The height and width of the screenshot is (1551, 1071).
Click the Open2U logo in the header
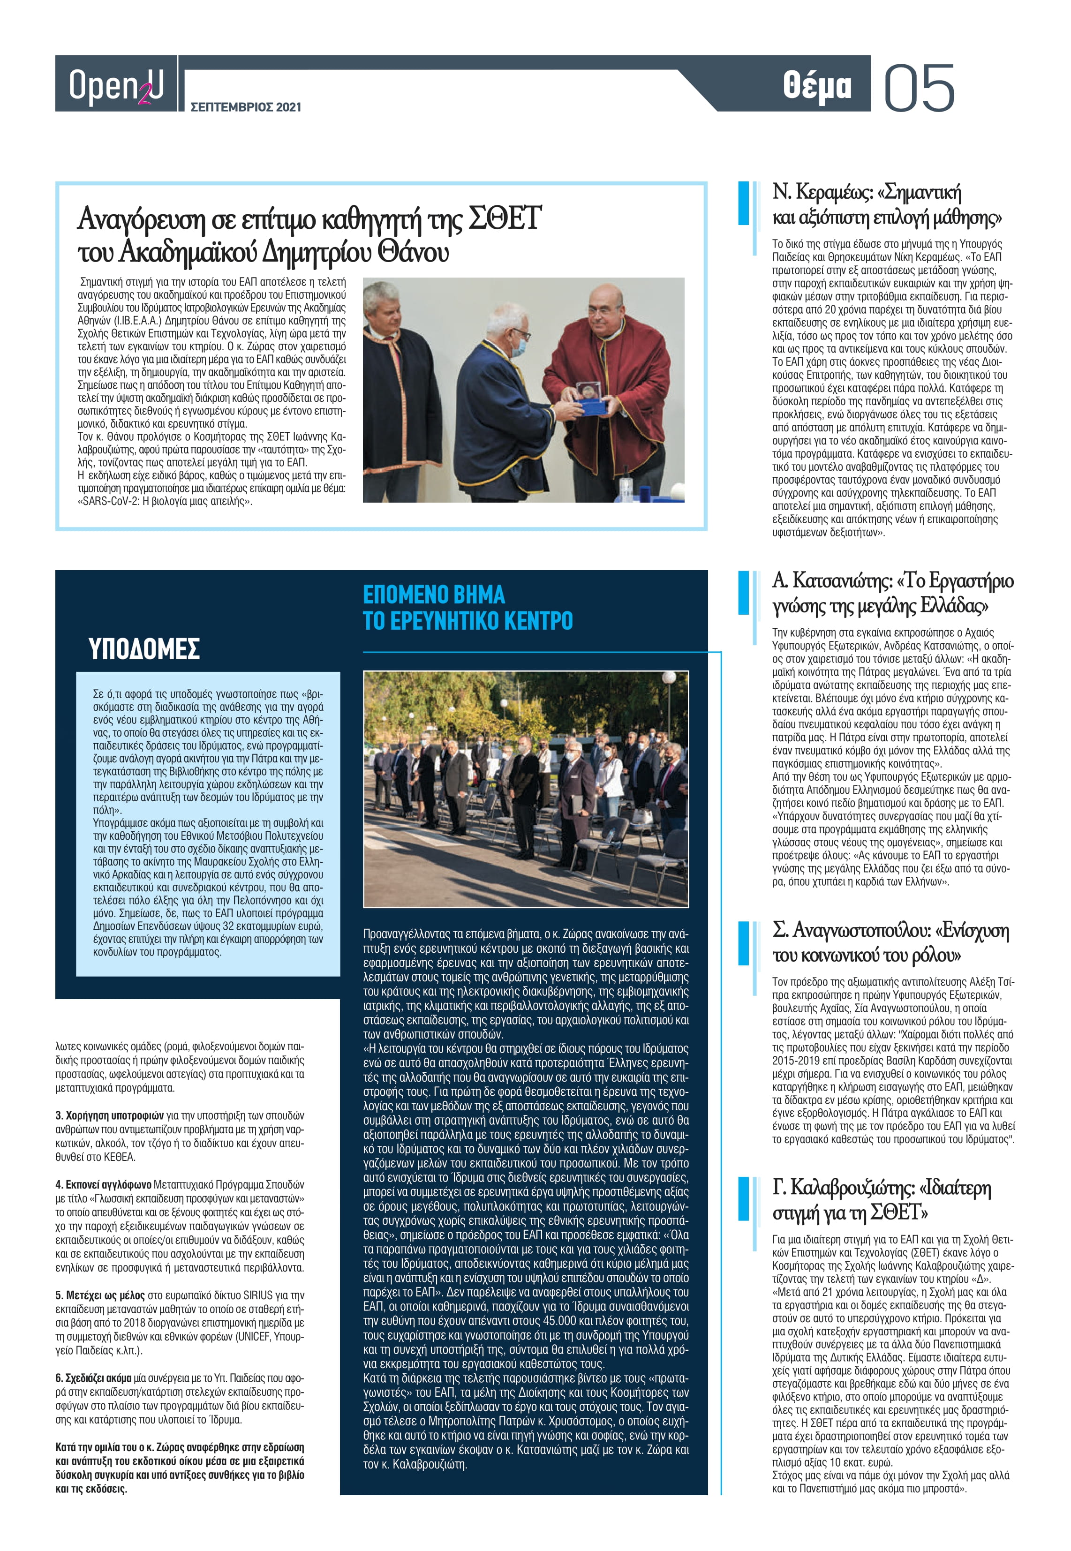click(115, 85)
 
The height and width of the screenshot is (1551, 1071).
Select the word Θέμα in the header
click(817, 86)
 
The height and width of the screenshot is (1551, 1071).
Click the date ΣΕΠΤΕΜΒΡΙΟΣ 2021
click(246, 106)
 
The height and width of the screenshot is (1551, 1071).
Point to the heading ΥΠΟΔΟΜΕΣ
click(144, 649)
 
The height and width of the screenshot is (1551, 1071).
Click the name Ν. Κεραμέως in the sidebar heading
click(822, 193)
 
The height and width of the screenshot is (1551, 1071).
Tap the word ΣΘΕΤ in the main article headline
click(503, 218)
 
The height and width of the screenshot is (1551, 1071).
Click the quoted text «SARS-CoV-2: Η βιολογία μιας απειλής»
click(165, 501)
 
